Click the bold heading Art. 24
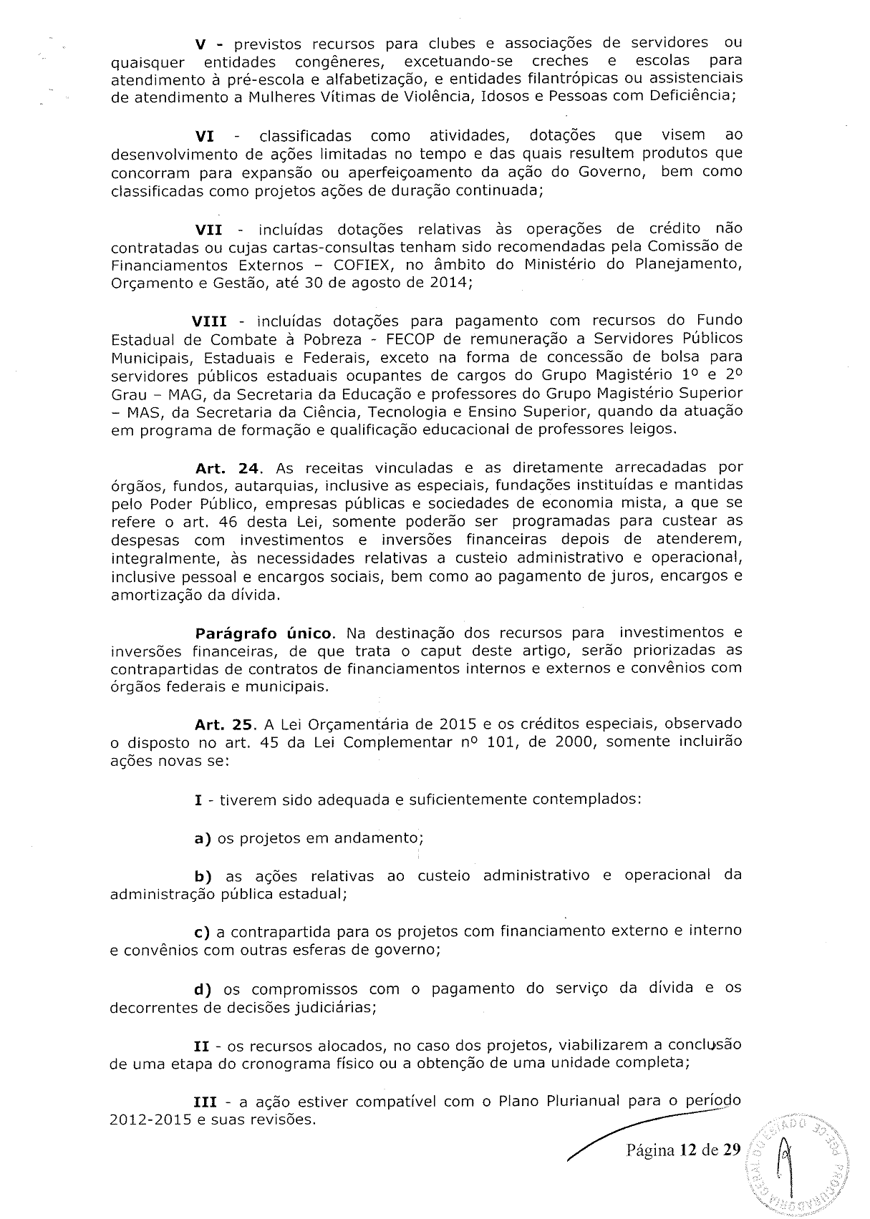tap(226, 468)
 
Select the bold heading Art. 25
tap(225, 724)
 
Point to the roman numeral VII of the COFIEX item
tap(208, 229)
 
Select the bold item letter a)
tap(204, 837)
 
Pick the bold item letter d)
tap(205, 989)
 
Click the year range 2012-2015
tap(150, 1120)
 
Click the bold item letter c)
tap(204, 932)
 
